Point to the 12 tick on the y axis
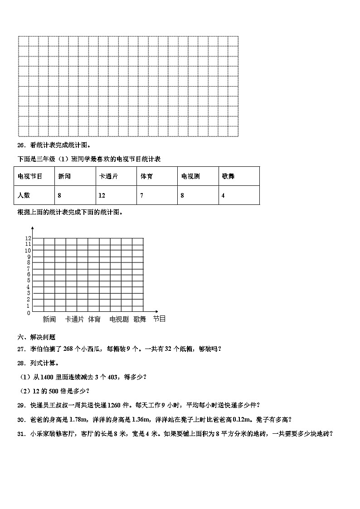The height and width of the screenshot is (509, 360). click(28, 238)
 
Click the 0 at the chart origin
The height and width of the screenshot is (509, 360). click(28, 313)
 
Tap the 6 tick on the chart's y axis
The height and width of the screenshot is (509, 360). click(28, 275)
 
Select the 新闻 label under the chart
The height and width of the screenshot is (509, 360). click(49, 320)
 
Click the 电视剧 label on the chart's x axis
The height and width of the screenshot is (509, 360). click(119, 320)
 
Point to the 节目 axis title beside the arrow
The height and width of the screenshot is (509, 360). click(159, 319)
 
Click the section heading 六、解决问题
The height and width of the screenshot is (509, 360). click(36, 337)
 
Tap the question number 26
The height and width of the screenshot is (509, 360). click(20, 145)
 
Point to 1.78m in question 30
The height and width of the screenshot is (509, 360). click(80, 419)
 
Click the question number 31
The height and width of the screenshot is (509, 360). click(20, 434)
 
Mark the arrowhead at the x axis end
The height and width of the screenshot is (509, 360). click(156, 311)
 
